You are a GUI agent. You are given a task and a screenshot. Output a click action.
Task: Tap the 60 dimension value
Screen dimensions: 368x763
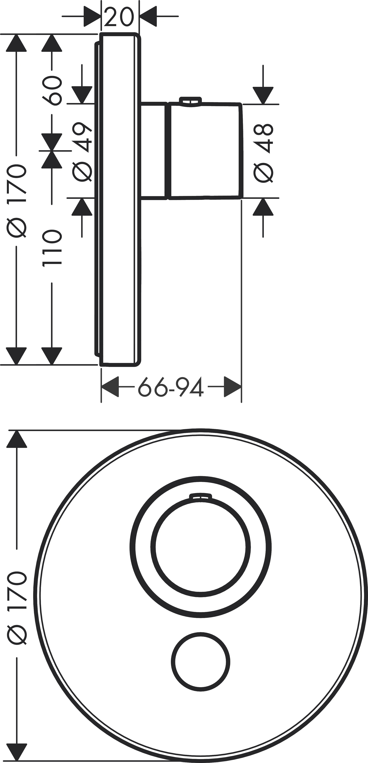point(52,91)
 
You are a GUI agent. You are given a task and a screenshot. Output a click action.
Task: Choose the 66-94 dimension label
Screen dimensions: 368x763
point(171,387)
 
